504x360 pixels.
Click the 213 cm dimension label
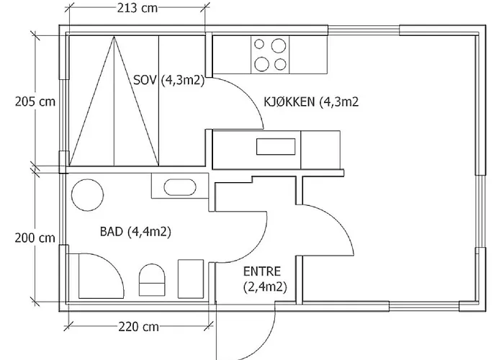138,8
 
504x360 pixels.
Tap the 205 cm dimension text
35,102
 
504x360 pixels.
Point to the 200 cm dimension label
35,238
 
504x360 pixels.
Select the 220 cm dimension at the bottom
138,327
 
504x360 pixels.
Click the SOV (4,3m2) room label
168,80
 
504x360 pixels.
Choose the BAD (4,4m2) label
135,231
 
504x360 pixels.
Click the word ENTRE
262,271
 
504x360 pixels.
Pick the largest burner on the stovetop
279,45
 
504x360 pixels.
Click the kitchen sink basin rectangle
276,147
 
